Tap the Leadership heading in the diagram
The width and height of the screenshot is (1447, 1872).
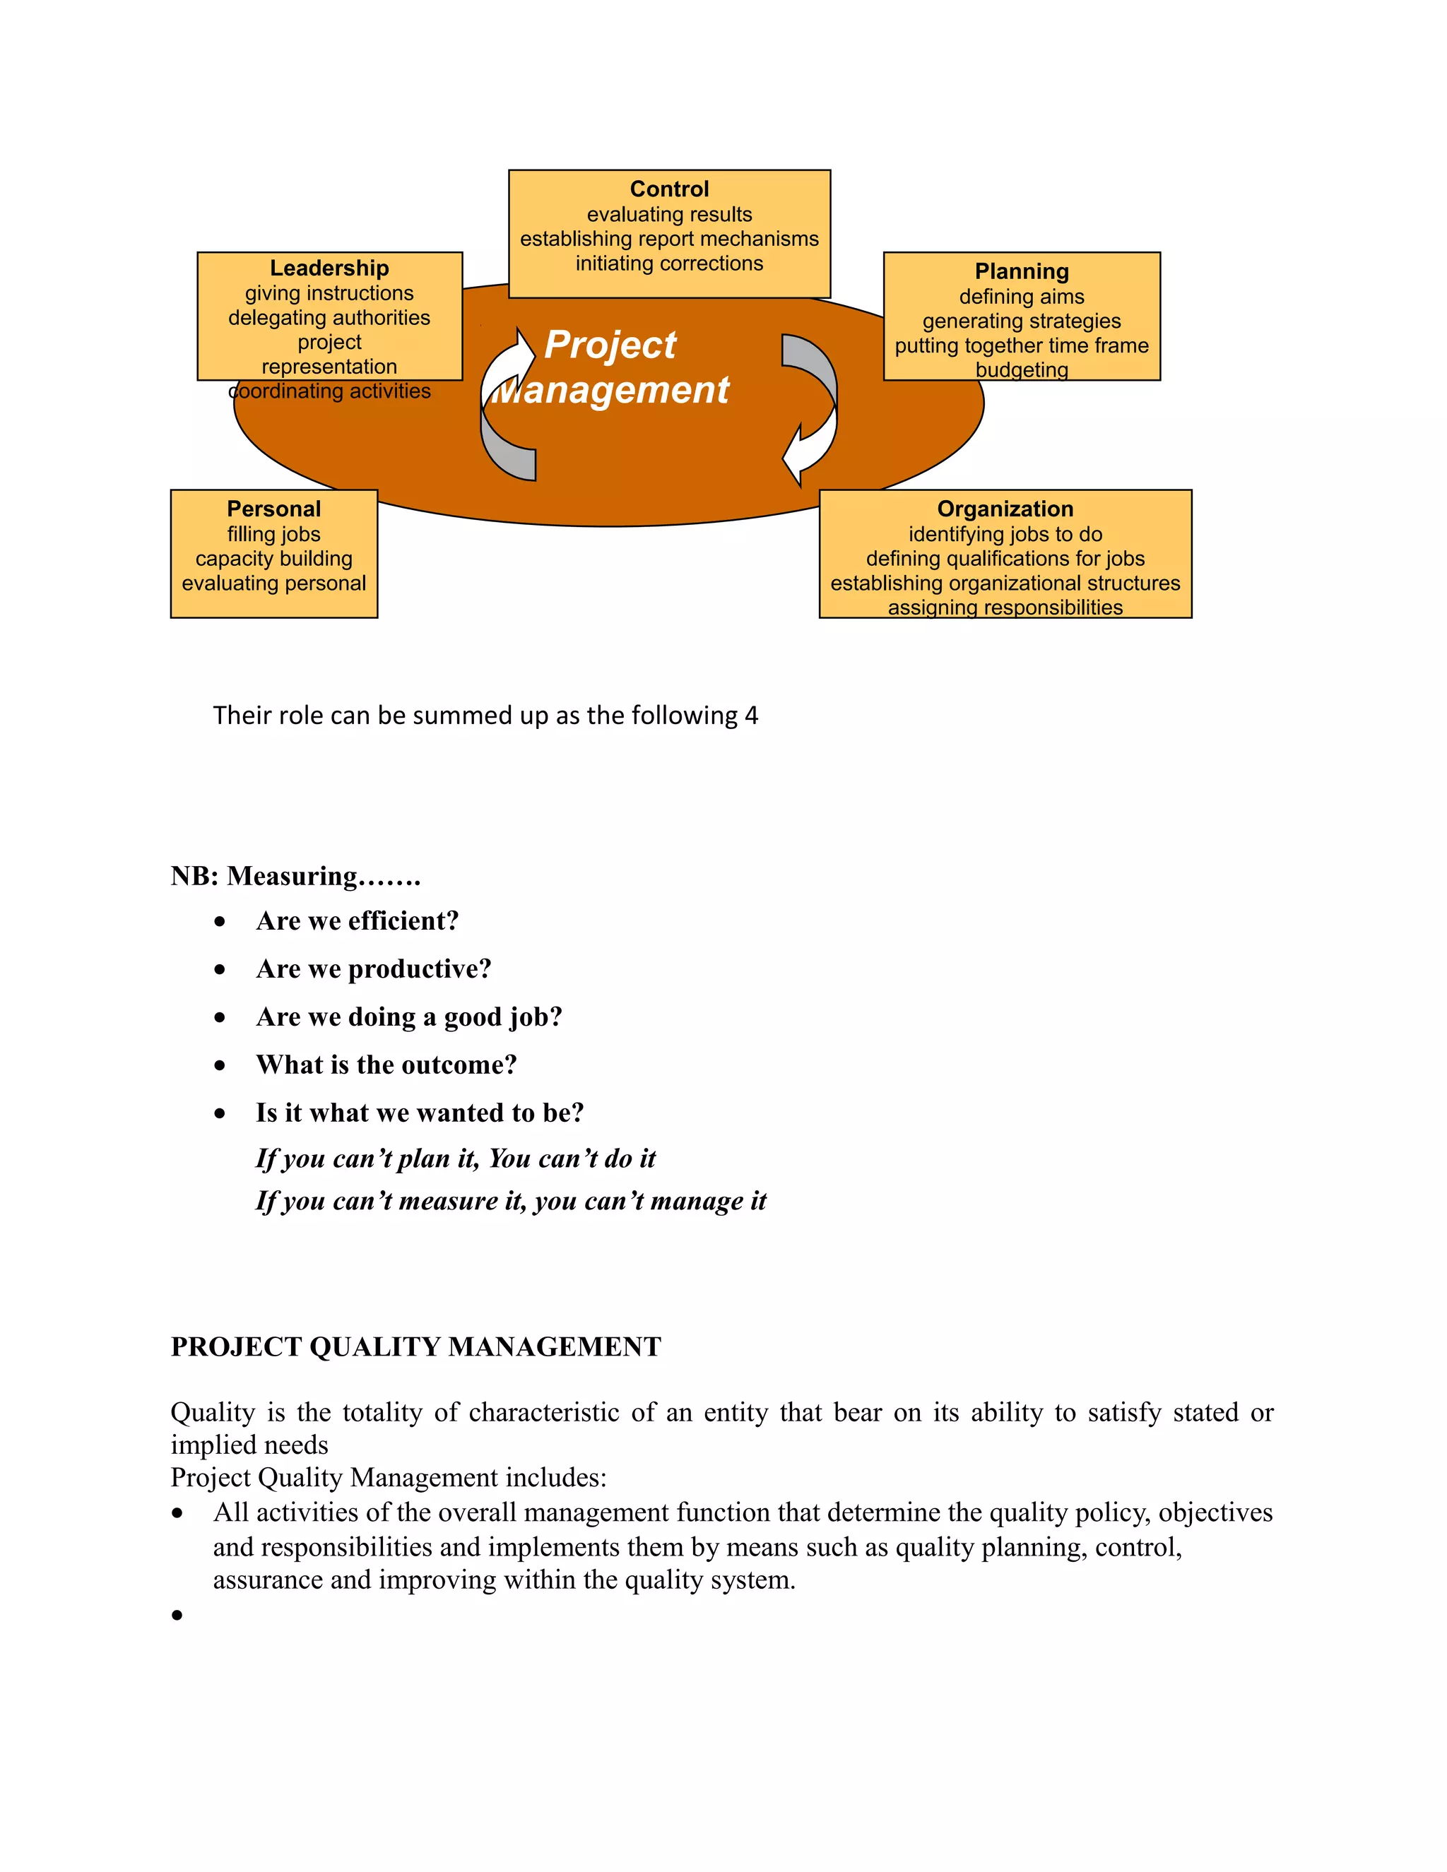click(x=329, y=268)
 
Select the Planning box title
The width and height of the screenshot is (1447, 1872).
click(x=1021, y=272)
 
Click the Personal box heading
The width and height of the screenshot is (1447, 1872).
click(x=273, y=509)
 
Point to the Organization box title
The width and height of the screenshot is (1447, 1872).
click(x=1005, y=509)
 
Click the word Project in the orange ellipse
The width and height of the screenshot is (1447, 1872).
click(x=610, y=345)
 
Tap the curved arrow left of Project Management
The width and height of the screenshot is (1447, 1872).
click(x=507, y=403)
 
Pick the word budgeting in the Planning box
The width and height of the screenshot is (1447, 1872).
click(x=1021, y=370)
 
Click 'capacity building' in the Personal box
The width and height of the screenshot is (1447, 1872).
click(x=273, y=559)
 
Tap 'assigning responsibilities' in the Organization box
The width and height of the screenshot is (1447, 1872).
click(x=1005, y=608)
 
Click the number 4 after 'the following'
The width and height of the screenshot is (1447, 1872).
click(x=751, y=716)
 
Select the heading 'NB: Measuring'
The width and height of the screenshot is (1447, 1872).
click(x=295, y=876)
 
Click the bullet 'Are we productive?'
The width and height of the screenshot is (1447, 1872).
click(x=373, y=968)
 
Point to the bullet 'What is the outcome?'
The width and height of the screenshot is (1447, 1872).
click(x=386, y=1065)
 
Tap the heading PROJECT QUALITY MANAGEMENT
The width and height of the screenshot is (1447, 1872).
click(x=415, y=1346)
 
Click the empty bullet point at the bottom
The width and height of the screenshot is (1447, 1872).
click(x=177, y=1616)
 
